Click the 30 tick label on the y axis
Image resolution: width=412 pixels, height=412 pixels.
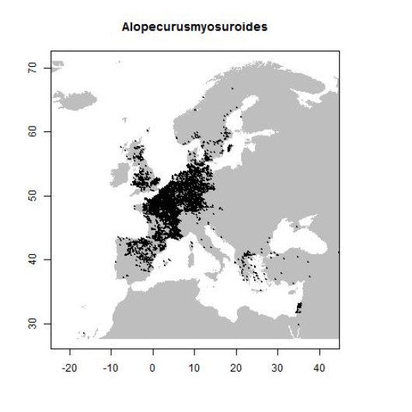click(x=36, y=323)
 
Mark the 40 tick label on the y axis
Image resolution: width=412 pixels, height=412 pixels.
click(x=36, y=259)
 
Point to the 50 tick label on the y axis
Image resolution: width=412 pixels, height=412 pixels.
click(x=36, y=196)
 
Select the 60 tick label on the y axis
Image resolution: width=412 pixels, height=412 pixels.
click(x=36, y=132)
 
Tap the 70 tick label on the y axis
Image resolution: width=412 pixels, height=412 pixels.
click(x=36, y=68)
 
